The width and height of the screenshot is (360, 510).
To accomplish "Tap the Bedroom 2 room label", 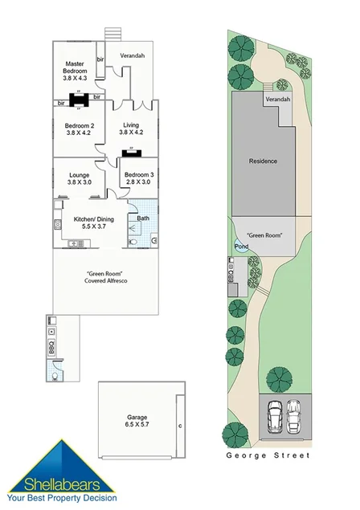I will [x=80, y=129].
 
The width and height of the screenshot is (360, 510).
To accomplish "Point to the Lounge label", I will [x=79, y=177].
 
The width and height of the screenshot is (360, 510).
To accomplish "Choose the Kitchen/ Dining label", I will [x=96, y=222].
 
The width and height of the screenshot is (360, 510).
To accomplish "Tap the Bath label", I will [x=142, y=218].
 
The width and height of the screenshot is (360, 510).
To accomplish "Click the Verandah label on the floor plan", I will [x=133, y=56].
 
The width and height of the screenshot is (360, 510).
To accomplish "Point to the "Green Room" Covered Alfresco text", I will [x=107, y=277].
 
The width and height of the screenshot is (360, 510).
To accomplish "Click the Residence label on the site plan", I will [x=263, y=161].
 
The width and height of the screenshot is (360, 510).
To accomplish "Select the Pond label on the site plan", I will [x=240, y=247].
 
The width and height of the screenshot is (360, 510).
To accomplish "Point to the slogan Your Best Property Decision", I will [x=61, y=499].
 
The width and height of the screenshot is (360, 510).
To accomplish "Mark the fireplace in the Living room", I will [x=129, y=152].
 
